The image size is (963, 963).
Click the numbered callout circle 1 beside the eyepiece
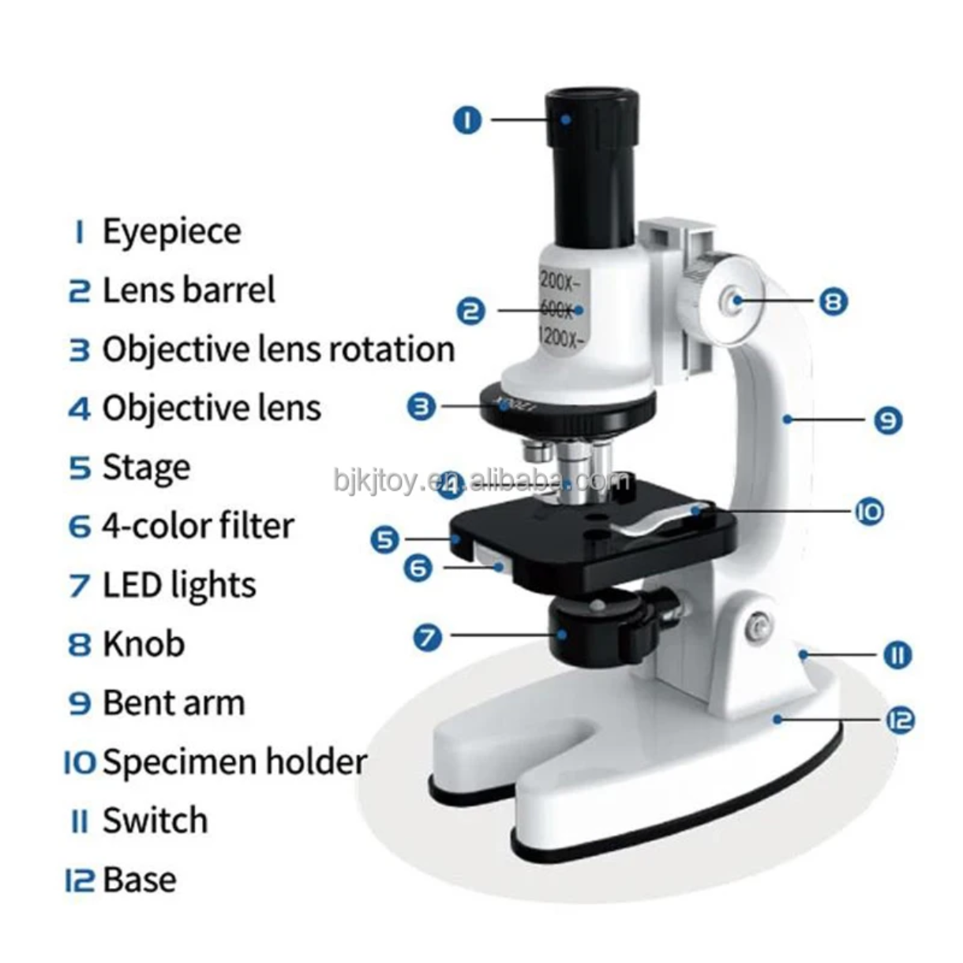coord(467,120)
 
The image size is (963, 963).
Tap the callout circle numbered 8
coord(833,301)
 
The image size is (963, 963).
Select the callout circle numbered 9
coord(888,420)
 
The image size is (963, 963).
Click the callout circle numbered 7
coord(429,636)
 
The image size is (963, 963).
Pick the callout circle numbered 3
coord(422,407)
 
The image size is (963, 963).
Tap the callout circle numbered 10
coord(869,511)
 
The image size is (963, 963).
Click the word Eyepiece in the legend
coord(171,231)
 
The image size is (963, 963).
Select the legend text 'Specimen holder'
coord(234,762)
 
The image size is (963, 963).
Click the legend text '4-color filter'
coord(197,526)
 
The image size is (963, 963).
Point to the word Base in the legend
coord(139,879)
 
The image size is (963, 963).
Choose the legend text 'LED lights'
coord(179,585)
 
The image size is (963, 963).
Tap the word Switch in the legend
coord(155,821)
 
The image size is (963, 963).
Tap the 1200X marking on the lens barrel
coord(562,338)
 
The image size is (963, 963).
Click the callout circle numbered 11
coord(897,654)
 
